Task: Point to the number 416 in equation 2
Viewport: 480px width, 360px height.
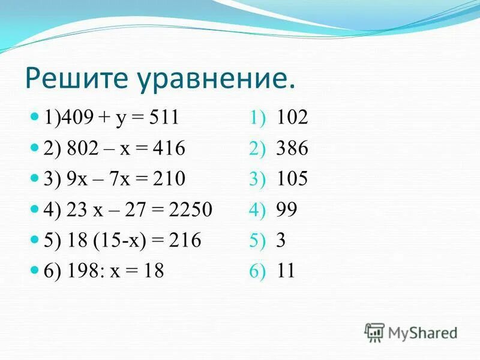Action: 170,148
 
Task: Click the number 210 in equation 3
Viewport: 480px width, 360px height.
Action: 170,179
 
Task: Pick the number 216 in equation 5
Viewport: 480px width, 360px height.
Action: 185,241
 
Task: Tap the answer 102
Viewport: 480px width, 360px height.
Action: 292,118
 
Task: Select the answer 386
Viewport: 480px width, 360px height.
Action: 292,148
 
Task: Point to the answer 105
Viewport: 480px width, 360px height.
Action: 292,179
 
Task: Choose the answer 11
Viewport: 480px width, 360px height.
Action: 286,271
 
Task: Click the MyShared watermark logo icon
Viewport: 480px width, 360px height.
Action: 374,331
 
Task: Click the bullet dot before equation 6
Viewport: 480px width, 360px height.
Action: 34,270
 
